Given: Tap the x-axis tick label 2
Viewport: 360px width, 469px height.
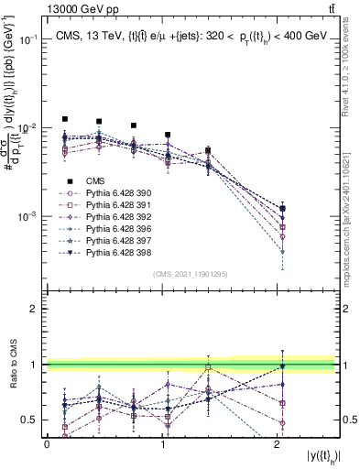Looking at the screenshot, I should [x=278, y=444].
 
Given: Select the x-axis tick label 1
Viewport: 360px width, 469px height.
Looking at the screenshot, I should [x=162, y=444].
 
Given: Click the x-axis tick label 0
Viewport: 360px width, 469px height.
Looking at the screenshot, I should [x=47, y=444].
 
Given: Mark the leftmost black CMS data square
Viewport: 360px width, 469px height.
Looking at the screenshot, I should [x=64, y=119].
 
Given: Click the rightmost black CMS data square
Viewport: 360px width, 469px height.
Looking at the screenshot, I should [x=283, y=209].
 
